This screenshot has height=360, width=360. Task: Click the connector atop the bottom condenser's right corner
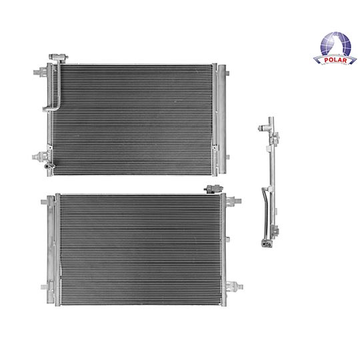click(x=213, y=189)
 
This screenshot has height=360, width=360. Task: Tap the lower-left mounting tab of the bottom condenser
click(x=45, y=287)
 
